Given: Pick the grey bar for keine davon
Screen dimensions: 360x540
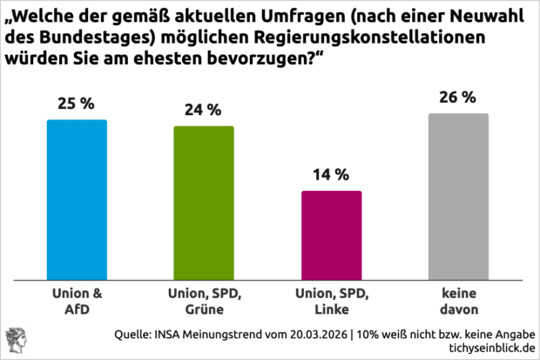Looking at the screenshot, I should (x=458, y=197).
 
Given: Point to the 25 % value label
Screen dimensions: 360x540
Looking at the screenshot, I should (x=76, y=104).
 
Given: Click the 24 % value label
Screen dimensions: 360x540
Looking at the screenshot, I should (x=203, y=111).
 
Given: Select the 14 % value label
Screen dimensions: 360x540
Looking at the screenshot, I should (x=331, y=174).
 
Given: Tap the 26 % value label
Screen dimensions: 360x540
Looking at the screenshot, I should (x=458, y=98).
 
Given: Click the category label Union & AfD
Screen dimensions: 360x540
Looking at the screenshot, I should (x=76, y=302).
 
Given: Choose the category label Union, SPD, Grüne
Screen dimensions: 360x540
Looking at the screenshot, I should (x=203, y=302).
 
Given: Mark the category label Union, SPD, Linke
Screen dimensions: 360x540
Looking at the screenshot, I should (x=331, y=302).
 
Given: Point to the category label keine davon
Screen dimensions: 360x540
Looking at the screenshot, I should (x=458, y=302).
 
